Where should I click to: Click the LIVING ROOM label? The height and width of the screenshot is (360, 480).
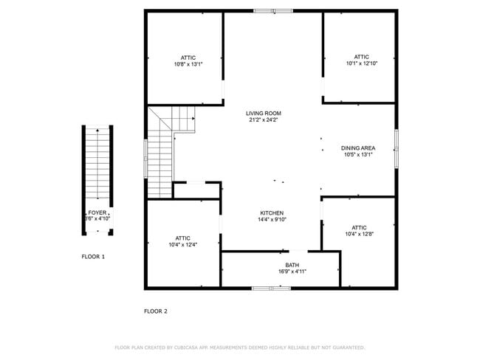click(264, 113)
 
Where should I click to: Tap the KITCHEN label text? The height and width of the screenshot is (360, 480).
click(271, 212)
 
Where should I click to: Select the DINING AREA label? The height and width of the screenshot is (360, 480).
click(358, 148)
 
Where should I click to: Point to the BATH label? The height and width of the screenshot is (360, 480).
click(292, 265)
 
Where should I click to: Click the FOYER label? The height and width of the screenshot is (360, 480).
click(97, 212)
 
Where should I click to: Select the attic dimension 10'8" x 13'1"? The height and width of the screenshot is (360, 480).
click(188, 64)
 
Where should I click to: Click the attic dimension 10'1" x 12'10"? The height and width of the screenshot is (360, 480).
click(361, 63)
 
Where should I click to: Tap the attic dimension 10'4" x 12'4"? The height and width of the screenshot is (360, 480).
click(183, 244)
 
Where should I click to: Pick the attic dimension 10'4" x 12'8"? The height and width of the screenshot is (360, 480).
click(359, 234)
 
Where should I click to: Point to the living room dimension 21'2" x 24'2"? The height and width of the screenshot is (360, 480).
click(264, 120)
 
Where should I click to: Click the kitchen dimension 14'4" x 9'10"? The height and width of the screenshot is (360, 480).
click(271, 218)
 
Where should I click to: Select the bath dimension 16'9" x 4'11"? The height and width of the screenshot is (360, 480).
click(292, 271)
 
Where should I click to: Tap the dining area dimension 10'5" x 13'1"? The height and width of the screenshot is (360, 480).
click(358, 154)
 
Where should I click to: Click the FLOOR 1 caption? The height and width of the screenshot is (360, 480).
click(93, 257)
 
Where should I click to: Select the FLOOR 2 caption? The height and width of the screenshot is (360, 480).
click(155, 311)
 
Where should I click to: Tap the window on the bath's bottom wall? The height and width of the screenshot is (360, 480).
click(271, 288)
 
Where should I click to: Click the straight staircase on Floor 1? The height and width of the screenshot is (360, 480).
click(97, 166)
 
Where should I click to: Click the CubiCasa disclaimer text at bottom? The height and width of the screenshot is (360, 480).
click(239, 347)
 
